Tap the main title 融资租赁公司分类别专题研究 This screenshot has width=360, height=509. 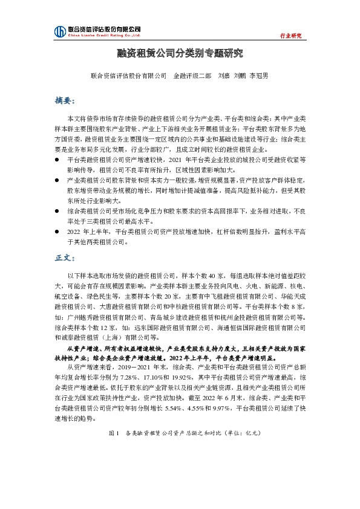pos(180,54)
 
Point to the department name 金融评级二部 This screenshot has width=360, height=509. pos(192,76)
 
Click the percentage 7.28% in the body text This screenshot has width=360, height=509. pos(148,375)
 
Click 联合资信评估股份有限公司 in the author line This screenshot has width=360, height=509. pos(128,76)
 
